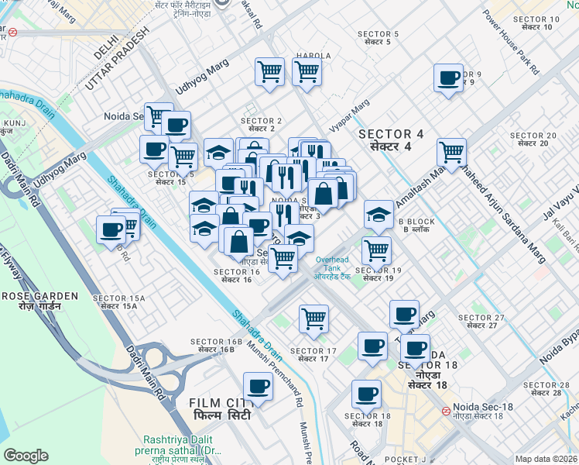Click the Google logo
coord(26,456)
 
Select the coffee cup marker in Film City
coord(259,386)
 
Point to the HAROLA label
coord(313,56)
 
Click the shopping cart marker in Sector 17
coord(313,318)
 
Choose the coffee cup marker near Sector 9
coord(448,78)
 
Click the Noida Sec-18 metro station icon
coord(446,411)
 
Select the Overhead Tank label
coord(334,266)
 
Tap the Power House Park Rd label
coord(510,42)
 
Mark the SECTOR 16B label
coord(212,346)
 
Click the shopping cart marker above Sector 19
coord(376,250)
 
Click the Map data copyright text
coord(546,459)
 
